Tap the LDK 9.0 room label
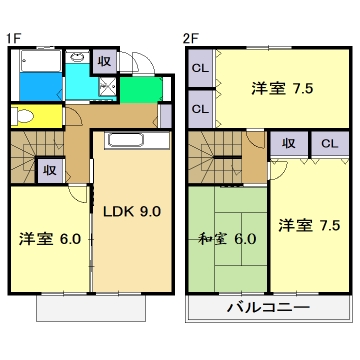click(131, 211)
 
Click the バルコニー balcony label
click(267, 307)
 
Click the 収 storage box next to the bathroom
click(104, 60)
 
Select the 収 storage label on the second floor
click(288, 144)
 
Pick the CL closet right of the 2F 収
click(328, 144)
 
